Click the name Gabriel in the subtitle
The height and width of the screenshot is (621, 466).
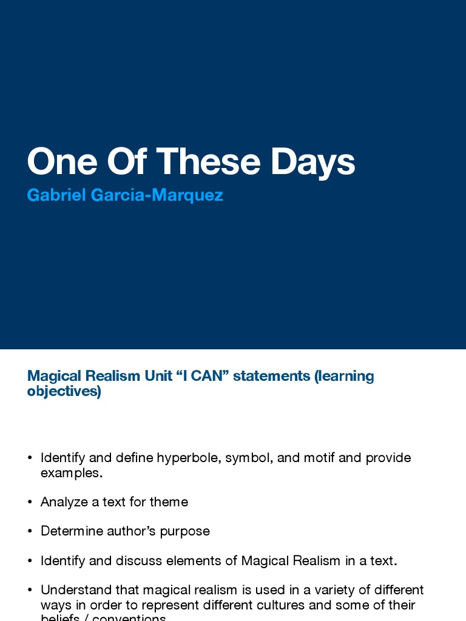[x=56, y=195]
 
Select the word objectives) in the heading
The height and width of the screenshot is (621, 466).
[x=64, y=391]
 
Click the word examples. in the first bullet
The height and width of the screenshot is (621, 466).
[x=72, y=473]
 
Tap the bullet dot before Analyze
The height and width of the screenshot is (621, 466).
[x=30, y=502]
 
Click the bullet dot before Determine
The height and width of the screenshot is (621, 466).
[x=30, y=531]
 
